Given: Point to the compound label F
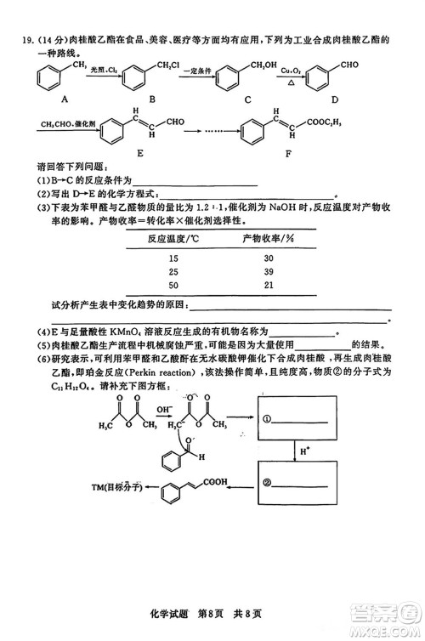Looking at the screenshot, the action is click(x=286, y=154).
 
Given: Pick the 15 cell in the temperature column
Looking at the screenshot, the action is click(x=174, y=258).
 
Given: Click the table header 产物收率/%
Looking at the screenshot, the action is click(x=268, y=239).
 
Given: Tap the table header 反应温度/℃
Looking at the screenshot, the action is click(x=173, y=239).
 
